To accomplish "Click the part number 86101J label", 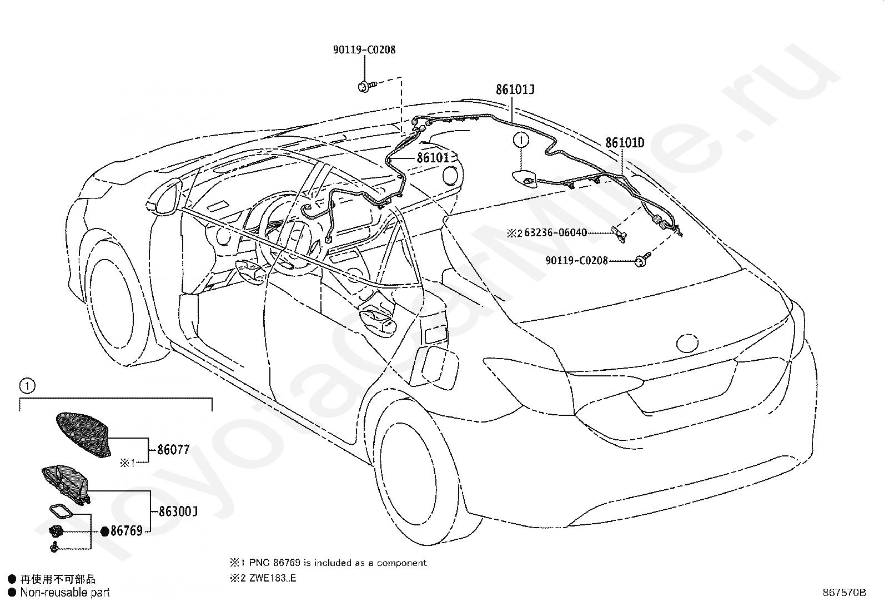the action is (515, 90).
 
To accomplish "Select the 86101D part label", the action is (625, 143).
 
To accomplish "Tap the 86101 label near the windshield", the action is (433, 158).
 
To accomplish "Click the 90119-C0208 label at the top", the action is (364, 50).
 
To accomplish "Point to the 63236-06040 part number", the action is (556, 232).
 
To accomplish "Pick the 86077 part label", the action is (173, 450).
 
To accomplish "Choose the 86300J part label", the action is (178, 511).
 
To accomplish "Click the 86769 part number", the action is (127, 531).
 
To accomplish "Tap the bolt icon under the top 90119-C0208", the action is (367, 86).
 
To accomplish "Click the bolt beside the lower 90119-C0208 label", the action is (642, 260).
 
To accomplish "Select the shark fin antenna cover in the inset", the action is (84, 434).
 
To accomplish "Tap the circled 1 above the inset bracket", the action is (27, 385).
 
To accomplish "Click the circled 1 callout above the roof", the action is (521, 140).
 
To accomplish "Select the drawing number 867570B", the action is (844, 593).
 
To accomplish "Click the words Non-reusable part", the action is (65, 593).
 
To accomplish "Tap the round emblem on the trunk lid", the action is (687, 342).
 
